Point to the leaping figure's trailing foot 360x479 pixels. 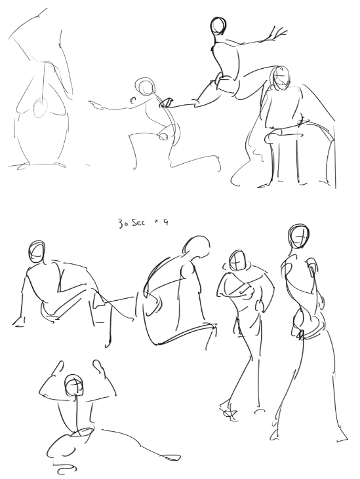pyautogui.click(x=167, y=102)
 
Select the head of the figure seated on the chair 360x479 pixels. pyautogui.click(x=280, y=78)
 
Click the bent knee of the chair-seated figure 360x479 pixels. pyautogui.click(x=270, y=138)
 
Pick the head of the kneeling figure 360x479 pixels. pyautogui.click(x=145, y=86)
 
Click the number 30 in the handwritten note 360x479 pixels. pyautogui.click(x=124, y=223)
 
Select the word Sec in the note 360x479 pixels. pyautogui.click(x=139, y=223)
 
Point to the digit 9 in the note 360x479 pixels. pyautogui.click(x=165, y=222)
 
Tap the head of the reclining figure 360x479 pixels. pyautogui.click(x=37, y=252)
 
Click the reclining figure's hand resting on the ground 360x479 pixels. pyautogui.click(x=18, y=322)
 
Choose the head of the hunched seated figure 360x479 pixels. pyautogui.click(x=197, y=246)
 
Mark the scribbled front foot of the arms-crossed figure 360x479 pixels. pyautogui.click(x=228, y=412)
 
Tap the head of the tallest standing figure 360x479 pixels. pyautogui.click(x=298, y=237)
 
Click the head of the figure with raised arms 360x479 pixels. pyautogui.click(x=73, y=385)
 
